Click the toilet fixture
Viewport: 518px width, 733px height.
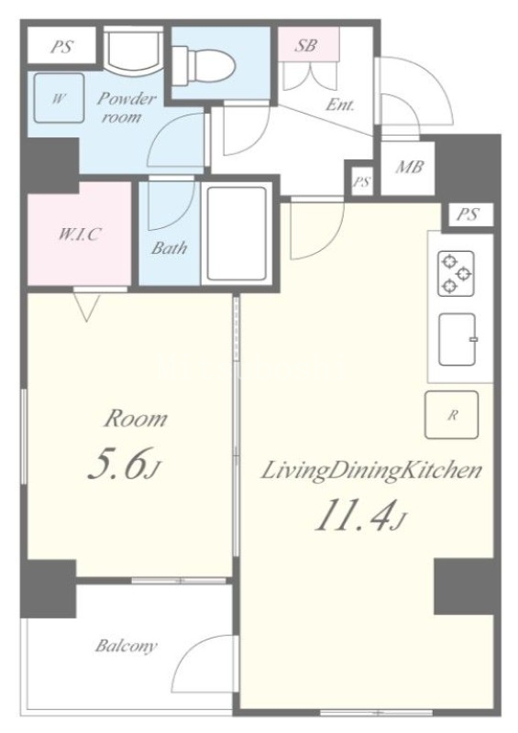coord(204,65)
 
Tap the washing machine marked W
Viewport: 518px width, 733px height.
coord(60,99)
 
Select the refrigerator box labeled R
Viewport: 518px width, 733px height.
coord(452,415)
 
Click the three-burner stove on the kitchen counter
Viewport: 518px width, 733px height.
coord(456,273)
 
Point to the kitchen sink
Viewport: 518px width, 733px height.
coord(457,339)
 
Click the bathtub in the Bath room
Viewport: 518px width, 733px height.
coord(237,233)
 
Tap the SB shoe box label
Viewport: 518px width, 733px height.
coord(305,45)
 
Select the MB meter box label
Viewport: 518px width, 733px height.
coord(410,167)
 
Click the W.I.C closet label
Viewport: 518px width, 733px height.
coord(79,235)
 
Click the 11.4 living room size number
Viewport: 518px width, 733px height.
coord(359,516)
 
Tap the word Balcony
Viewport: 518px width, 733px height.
coord(126,646)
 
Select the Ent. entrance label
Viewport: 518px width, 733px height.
coord(340,104)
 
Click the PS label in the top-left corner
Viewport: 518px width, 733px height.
coord(61,47)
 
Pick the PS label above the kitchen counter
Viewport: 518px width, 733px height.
coord(468,214)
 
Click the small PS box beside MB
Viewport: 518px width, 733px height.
coord(362,181)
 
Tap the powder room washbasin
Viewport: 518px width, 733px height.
coord(133,50)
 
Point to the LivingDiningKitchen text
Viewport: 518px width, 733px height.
coord(370,471)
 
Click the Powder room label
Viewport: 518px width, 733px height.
coord(125,107)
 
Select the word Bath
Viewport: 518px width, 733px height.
coord(169,247)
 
